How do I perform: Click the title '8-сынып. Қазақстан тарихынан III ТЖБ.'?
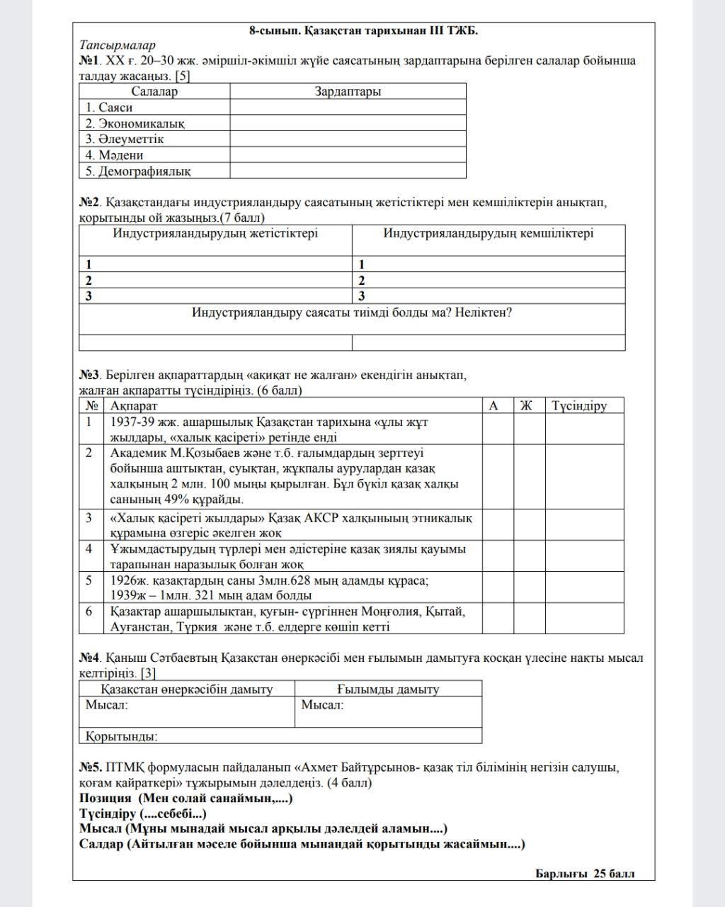363,30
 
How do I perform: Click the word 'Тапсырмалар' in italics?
118,45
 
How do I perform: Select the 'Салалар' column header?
154,91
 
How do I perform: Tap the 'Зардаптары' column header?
348,91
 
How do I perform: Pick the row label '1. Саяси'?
109,108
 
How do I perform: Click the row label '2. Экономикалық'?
135,123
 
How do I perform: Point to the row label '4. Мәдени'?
114,155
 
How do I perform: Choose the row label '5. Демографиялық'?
138,171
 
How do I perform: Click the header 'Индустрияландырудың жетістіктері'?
215,233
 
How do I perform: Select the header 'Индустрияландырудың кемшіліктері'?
489,233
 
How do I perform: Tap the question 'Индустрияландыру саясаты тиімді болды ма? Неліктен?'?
352,312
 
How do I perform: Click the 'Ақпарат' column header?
134,406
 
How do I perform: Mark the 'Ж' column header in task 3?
526,406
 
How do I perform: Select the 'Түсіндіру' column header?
579,406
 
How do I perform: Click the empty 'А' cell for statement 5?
498,587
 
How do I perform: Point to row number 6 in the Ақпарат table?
89,611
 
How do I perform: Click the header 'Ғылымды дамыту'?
388,689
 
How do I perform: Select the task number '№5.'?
91,767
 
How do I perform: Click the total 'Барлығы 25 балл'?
585,874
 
